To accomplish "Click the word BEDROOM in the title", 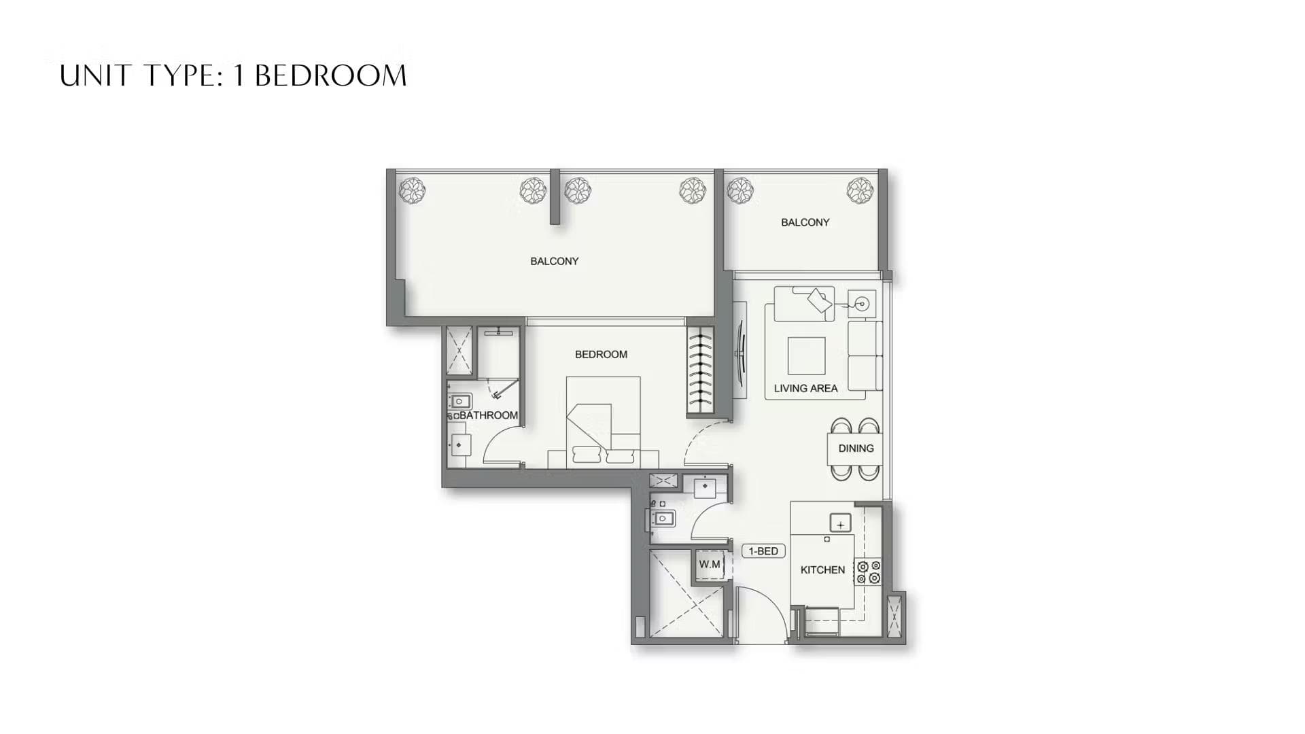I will [x=330, y=75].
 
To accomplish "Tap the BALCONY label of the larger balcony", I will [x=554, y=261].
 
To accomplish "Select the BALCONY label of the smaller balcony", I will [x=805, y=222].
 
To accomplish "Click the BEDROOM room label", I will [x=601, y=354].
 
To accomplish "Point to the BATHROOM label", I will [x=488, y=415].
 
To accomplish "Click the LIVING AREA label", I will [x=805, y=388].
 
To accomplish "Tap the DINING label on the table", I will [x=856, y=449].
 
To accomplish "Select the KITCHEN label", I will [x=822, y=570].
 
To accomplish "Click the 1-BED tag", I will [x=763, y=551].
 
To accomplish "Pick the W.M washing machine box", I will [x=710, y=565].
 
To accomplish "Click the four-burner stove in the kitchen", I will [x=868, y=572].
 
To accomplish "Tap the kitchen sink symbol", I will [x=841, y=524].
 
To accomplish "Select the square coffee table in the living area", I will [x=806, y=355].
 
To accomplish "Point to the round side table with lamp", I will [x=862, y=304].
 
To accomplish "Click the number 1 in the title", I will [x=239, y=75].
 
